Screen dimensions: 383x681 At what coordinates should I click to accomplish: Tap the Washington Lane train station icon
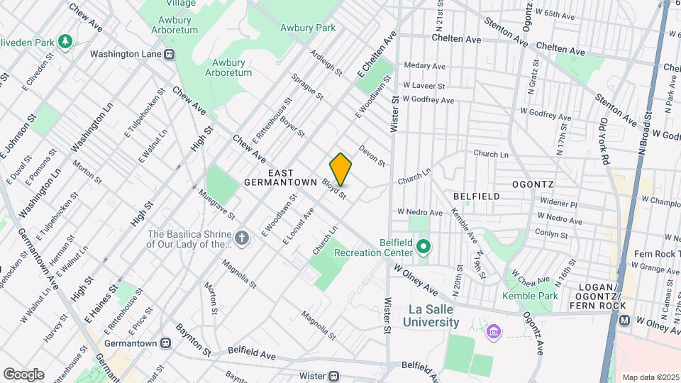(170, 54)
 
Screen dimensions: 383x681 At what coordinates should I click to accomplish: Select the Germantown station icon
(165, 343)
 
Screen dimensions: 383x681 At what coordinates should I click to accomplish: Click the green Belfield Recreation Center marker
(423, 248)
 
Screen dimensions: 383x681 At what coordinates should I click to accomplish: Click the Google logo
(23, 374)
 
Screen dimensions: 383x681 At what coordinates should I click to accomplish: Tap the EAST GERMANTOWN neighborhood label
(280, 177)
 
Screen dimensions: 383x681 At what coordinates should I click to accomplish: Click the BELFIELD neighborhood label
(477, 196)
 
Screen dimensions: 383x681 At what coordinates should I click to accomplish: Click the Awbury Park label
(307, 28)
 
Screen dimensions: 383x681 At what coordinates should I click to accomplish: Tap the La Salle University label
(441, 316)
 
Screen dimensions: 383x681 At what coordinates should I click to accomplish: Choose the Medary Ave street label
(424, 65)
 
